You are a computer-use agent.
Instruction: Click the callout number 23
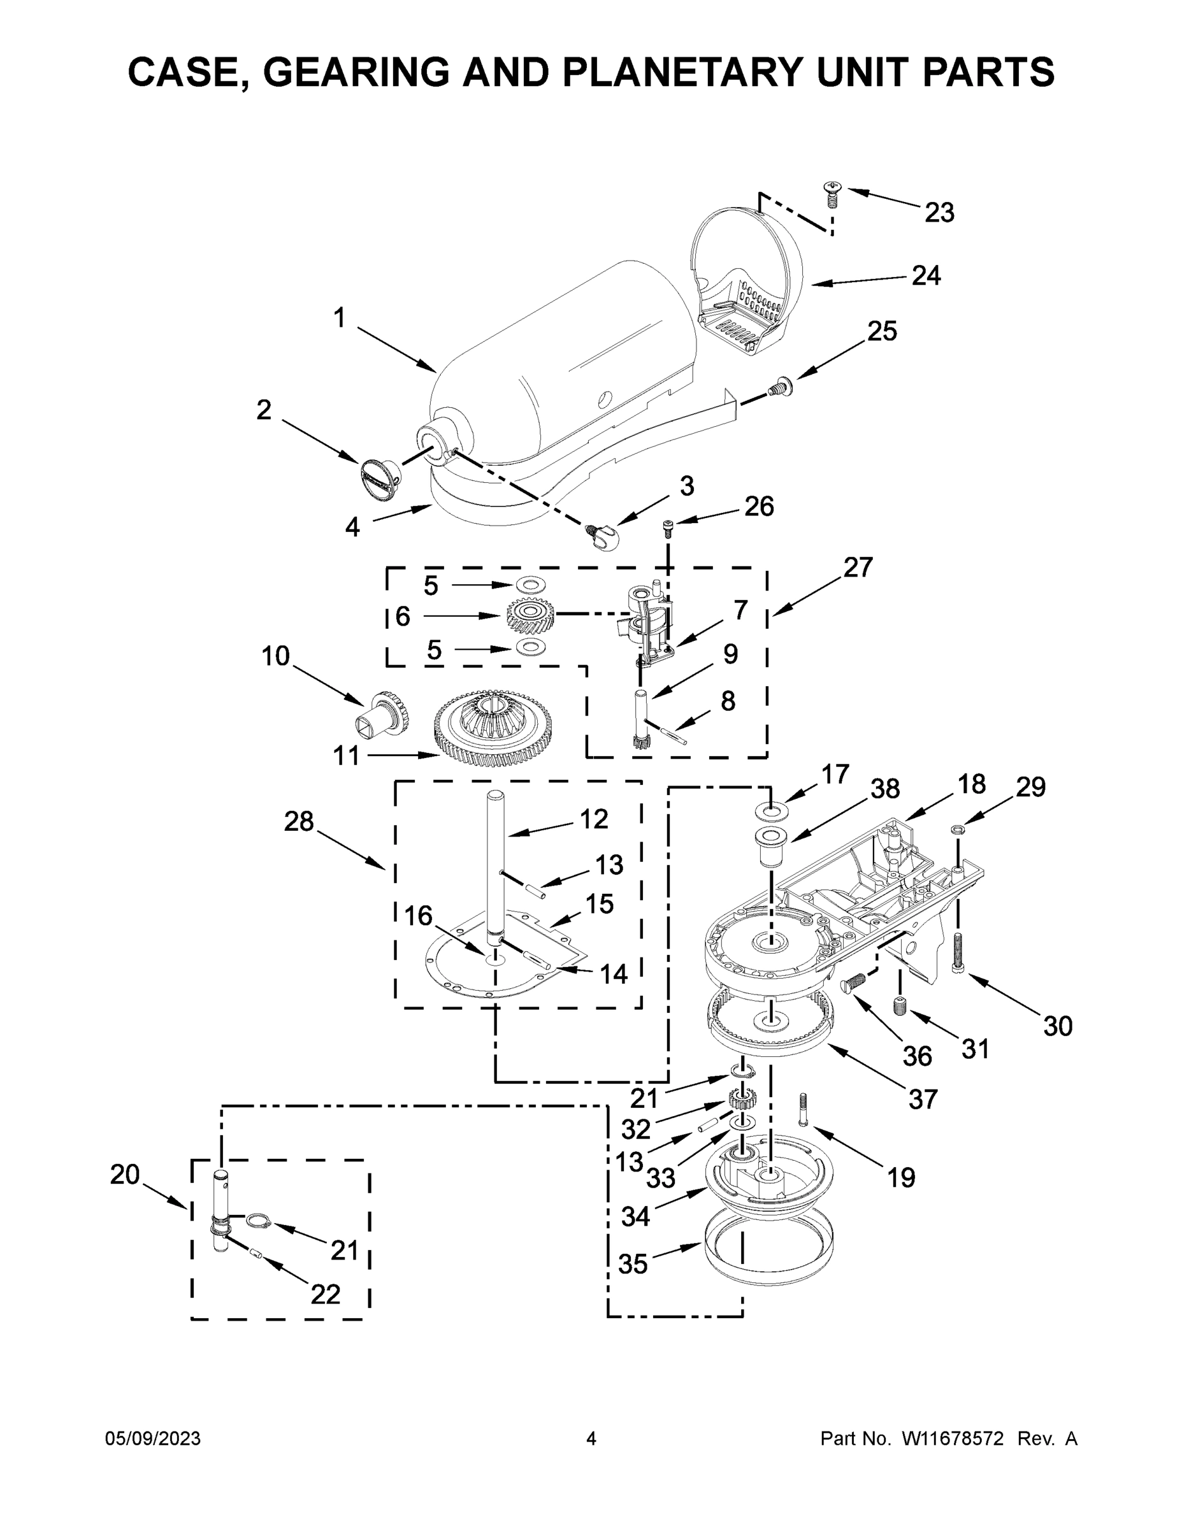(939, 212)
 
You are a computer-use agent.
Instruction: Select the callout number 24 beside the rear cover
(926, 276)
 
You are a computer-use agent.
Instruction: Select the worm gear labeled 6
(530, 616)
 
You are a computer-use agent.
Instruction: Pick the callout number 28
(298, 821)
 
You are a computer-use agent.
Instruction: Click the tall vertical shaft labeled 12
(495, 868)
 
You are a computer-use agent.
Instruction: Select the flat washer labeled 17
(771, 812)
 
